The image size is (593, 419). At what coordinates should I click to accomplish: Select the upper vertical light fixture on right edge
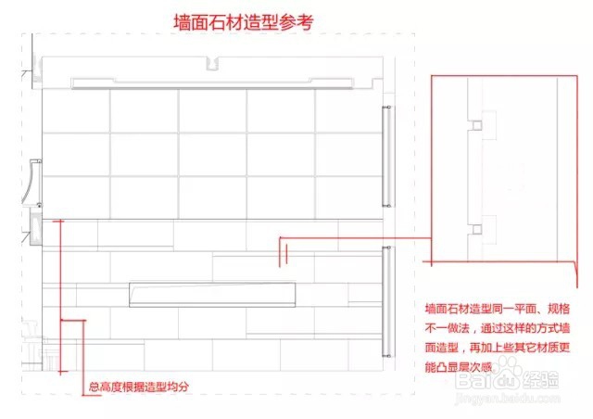click(x=385, y=158)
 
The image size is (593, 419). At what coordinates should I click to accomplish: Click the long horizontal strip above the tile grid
click(x=213, y=83)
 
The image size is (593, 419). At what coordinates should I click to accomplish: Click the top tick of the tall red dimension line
click(x=61, y=221)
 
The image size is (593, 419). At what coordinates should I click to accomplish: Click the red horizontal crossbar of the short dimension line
click(x=71, y=321)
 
